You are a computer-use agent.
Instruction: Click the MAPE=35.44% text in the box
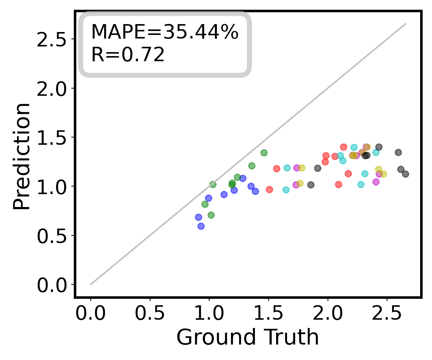tap(165, 32)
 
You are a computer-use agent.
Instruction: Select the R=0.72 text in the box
tap(128, 55)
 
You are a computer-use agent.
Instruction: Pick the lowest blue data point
tap(201, 226)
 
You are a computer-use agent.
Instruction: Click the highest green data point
tap(264, 153)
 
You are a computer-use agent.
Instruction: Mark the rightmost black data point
tap(405, 174)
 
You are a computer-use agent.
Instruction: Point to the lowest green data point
tap(211, 215)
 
